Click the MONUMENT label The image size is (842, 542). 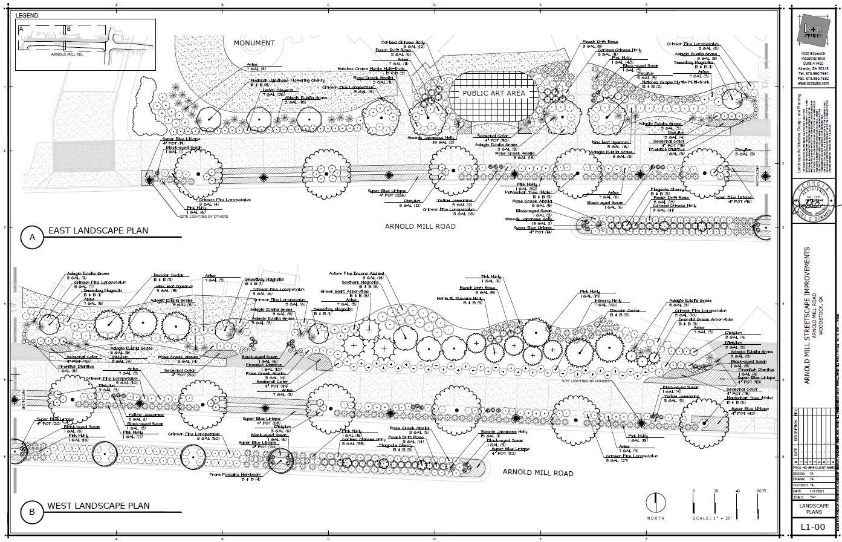[x=254, y=43]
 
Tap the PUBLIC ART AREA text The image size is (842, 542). [x=494, y=94]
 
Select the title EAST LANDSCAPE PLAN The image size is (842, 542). [x=98, y=230]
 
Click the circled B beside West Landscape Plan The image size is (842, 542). [x=31, y=512]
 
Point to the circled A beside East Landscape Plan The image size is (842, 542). [x=32, y=238]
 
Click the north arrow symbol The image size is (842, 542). [x=655, y=503]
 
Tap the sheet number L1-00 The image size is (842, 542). [x=812, y=527]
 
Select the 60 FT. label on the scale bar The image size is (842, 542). [x=761, y=491]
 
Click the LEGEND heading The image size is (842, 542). [x=27, y=16]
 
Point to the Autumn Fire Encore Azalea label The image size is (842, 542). [x=357, y=273]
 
